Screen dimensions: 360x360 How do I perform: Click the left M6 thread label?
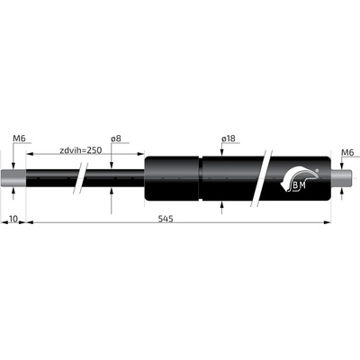(19, 139)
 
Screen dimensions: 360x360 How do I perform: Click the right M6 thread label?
(348, 153)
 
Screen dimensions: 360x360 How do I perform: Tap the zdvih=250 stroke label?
(81, 150)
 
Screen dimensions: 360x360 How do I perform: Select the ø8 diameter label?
(116, 139)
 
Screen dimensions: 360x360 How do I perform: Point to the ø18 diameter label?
(229, 139)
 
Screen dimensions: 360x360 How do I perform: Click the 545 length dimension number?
(166, 219)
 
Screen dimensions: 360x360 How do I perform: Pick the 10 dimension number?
(13, 219)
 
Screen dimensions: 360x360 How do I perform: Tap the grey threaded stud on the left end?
(13, 179)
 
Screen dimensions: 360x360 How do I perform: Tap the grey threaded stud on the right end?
(341, 179)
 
